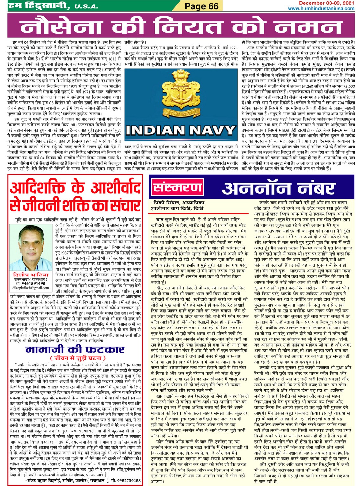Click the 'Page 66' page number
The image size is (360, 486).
(x=201, y=6)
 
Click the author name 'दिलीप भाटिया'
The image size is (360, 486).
(x=30, y=275)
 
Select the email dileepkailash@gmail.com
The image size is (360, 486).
(x=31, y=288)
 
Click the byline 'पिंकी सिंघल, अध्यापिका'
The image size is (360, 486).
(x=178, y=203)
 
